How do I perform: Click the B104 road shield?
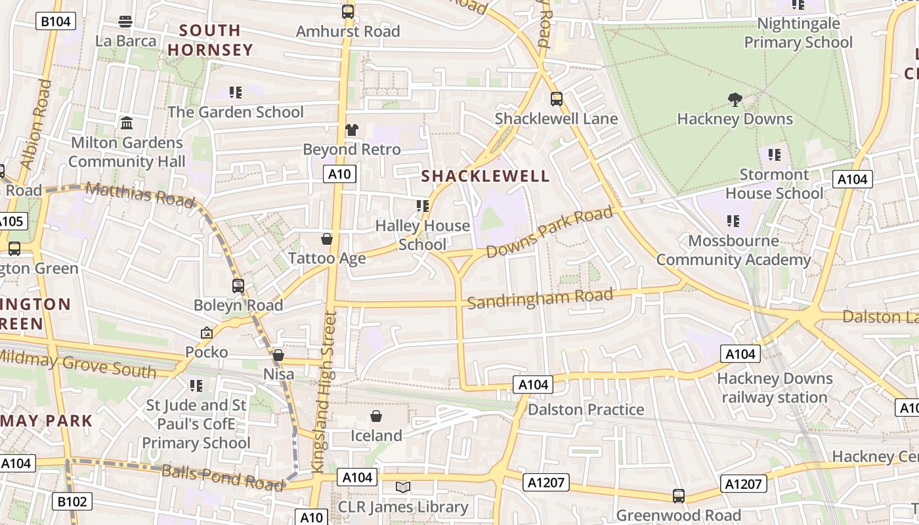click(55, 22)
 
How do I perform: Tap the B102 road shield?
click(72, 502)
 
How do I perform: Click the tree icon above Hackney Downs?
click(735, 100)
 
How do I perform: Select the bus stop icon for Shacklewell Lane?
click(556, 99)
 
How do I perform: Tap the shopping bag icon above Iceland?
click(376, 416)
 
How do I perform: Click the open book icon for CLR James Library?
click(402, 488)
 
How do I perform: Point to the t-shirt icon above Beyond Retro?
click(352, 130)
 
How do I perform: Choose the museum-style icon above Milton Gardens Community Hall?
click(127, 123)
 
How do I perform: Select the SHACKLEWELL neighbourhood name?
click(485, 176)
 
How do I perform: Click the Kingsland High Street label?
click(324, 392)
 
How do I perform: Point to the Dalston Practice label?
click(586, 409)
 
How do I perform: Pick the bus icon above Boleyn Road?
click(238, 286)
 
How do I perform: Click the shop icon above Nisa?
click(278, 355)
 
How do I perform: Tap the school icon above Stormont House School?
click(775, 155)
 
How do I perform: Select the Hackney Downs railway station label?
click(775, 388)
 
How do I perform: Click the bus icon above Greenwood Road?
click(679, 496)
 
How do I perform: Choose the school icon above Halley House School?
click(423, 206)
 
